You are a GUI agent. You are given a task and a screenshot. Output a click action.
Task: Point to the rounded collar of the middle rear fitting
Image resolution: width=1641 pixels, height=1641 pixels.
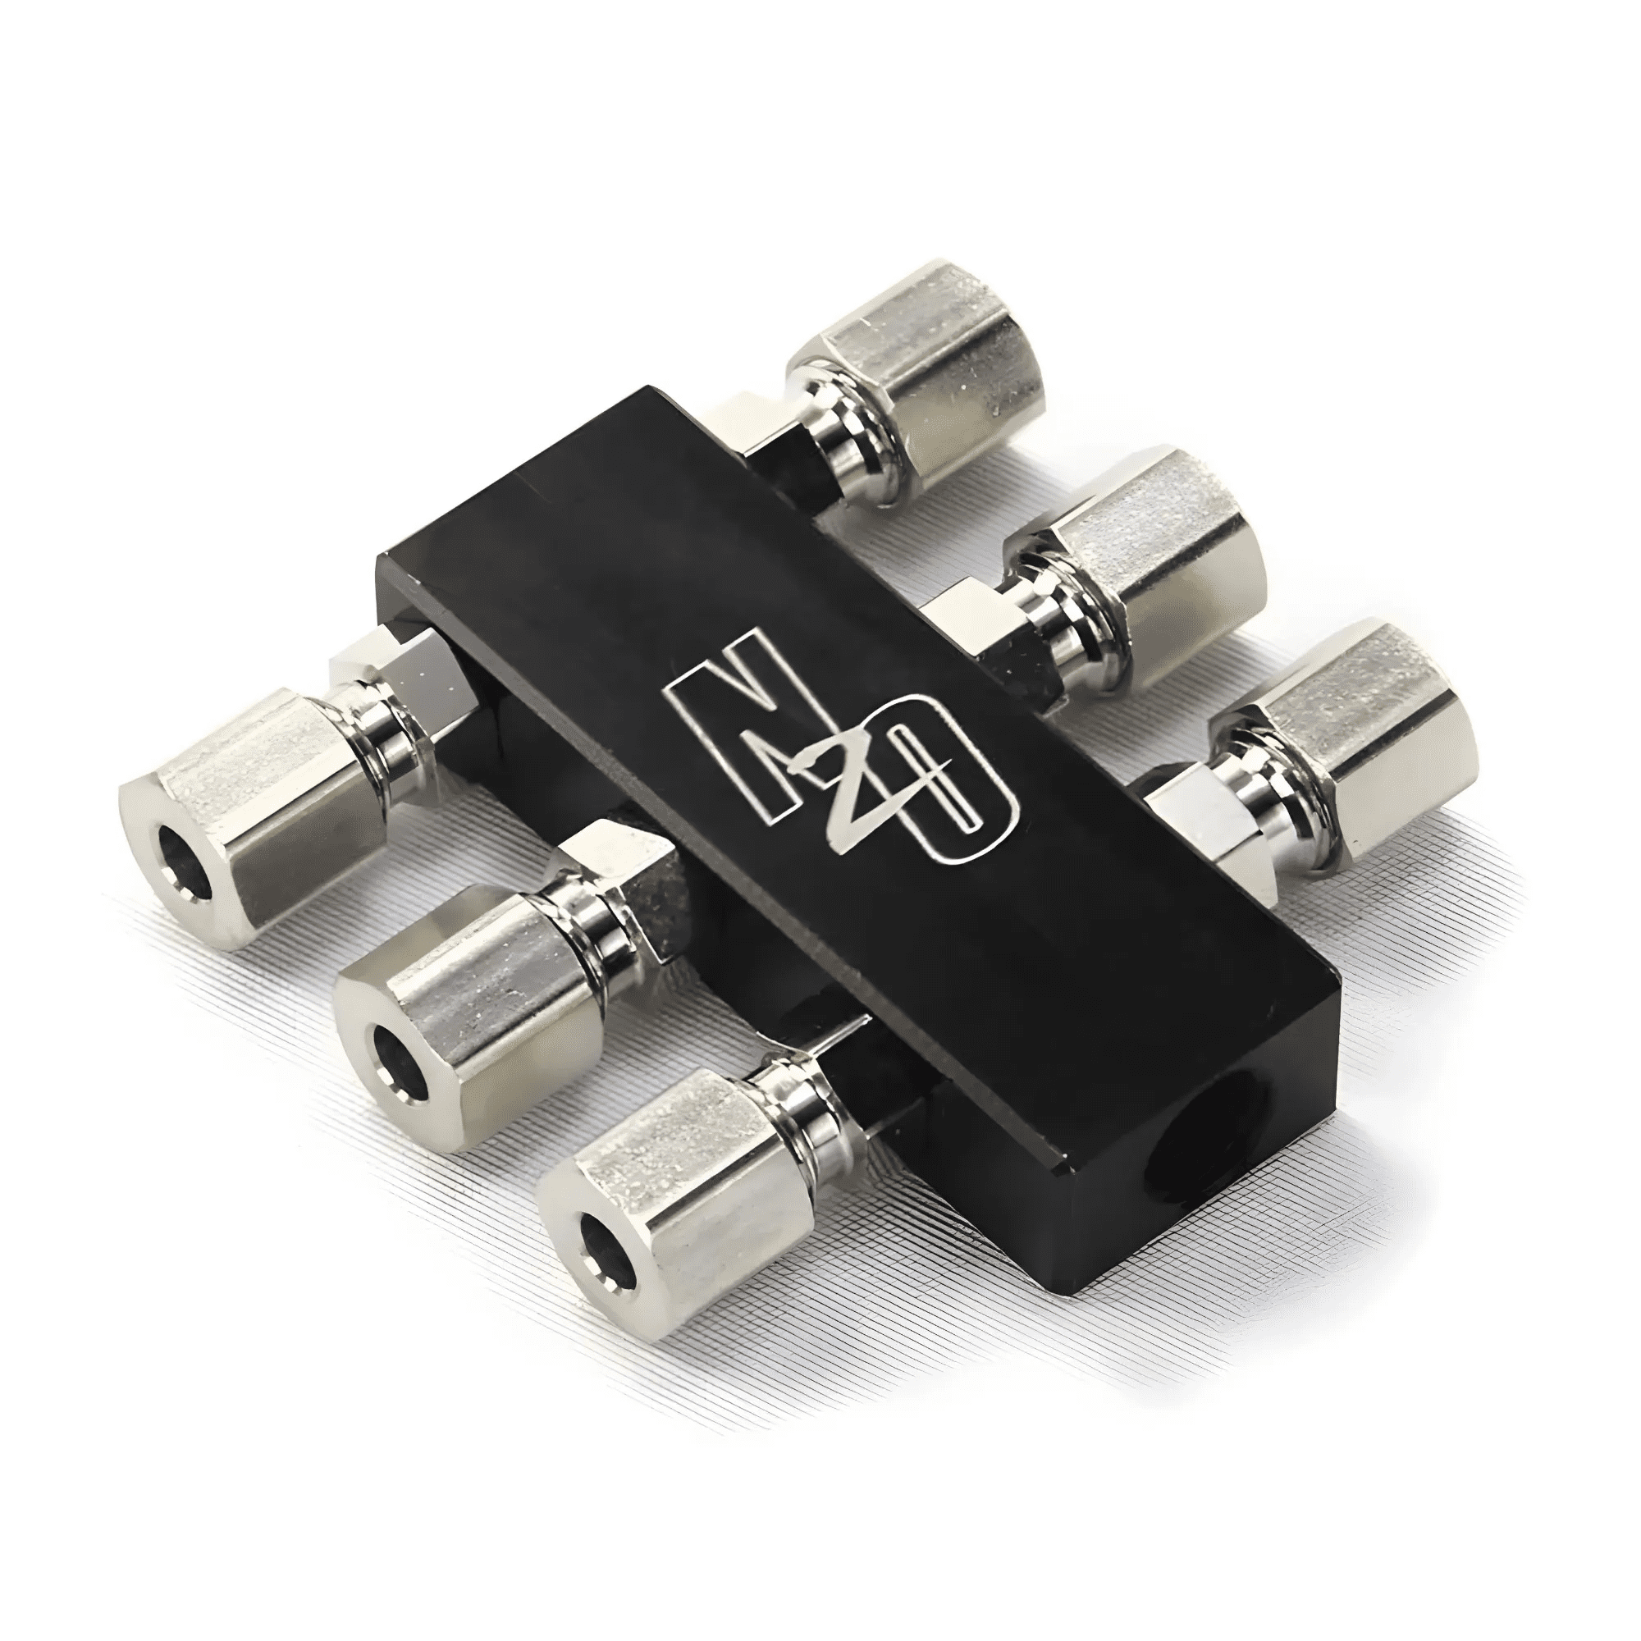(1062, 611)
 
